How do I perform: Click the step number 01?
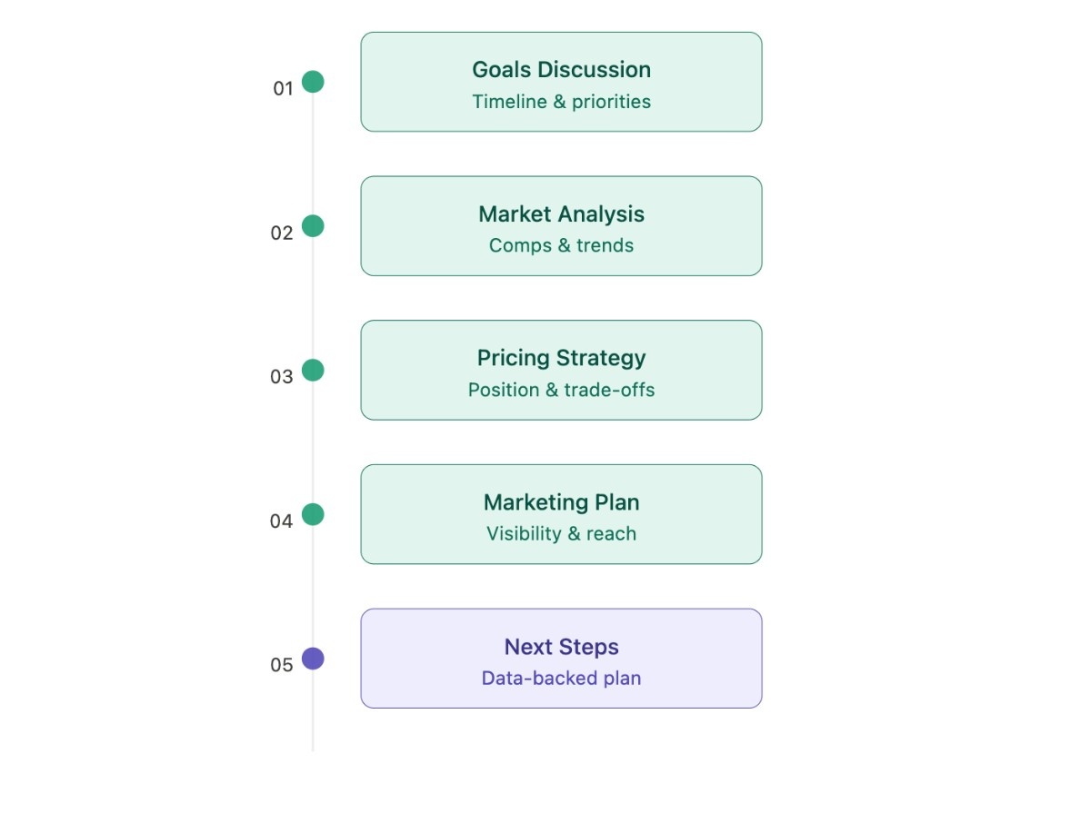pos(283,89)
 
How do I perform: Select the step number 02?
pos(282,233)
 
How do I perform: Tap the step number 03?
pos(282,377)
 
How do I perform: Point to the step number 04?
pos(282,521)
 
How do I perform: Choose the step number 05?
pos(282,665)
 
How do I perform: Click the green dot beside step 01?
pos(313,82)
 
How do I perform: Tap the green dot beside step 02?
pos(313,226)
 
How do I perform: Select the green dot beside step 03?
pos(313,371)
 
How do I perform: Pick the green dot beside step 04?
pos(313,515)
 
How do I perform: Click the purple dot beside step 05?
pos(313,659)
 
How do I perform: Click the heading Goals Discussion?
pos(561,70)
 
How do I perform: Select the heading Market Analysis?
pos(561,214)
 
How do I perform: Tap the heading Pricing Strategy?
pos(561,358)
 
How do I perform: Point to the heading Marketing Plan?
pos(561,502)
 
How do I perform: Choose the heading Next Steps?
pos(561,647)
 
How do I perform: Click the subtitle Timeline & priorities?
pos(561,102)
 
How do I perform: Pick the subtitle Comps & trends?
pos(561,245)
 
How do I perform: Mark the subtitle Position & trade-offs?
pos(561,390)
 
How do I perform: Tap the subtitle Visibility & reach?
pos(561,534)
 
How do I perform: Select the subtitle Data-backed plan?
pos(561,679)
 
